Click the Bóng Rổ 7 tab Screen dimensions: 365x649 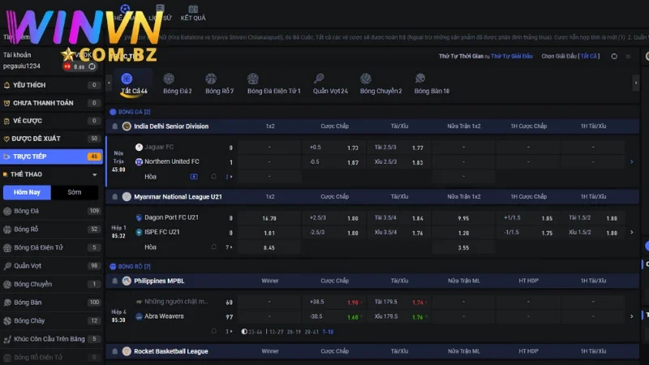click(x=219, y=84)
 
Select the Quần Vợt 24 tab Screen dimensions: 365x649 click(x=330, y=84)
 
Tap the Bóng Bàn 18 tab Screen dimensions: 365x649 click(x=432, y=84)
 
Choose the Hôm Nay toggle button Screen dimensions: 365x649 click(x=28, y=193)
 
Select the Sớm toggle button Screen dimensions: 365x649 click(x=75, y=193)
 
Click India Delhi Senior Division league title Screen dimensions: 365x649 click(x=171, y=127)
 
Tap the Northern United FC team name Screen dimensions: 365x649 click(x=172, y=162)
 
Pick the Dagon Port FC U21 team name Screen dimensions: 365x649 click(x=171, y=218)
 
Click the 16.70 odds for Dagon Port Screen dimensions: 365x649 click(x=269, y=218)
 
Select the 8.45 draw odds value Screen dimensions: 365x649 click(x=269, y=247)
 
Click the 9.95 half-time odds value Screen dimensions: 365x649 click(x=463, y=218)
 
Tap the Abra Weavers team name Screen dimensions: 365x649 click(x=165, y=316)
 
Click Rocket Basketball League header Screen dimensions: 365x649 click(x=171, y=351)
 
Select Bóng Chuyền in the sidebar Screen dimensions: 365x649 click(x=32, y=284)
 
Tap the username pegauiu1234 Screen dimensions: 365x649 click(x=22, y=66)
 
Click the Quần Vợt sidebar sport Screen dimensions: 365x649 click(x=28, y=265)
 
